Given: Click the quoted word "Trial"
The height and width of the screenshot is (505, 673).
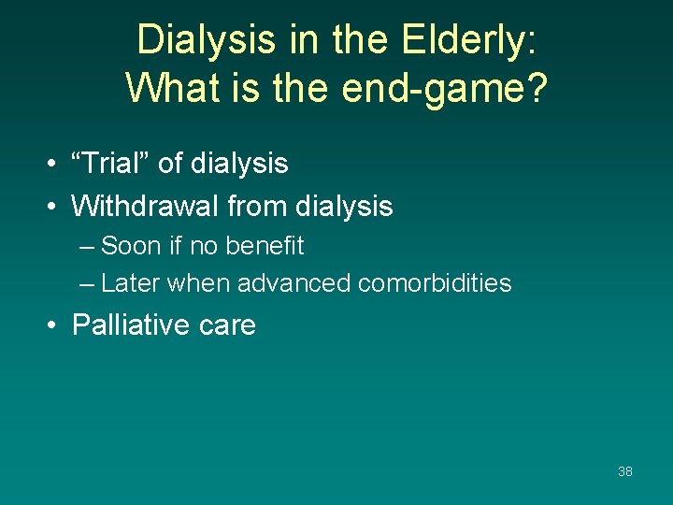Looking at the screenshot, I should (111, 164).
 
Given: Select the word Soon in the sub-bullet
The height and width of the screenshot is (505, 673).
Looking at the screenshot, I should (130, 246).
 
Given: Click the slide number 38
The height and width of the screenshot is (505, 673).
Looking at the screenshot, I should (625, 471).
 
